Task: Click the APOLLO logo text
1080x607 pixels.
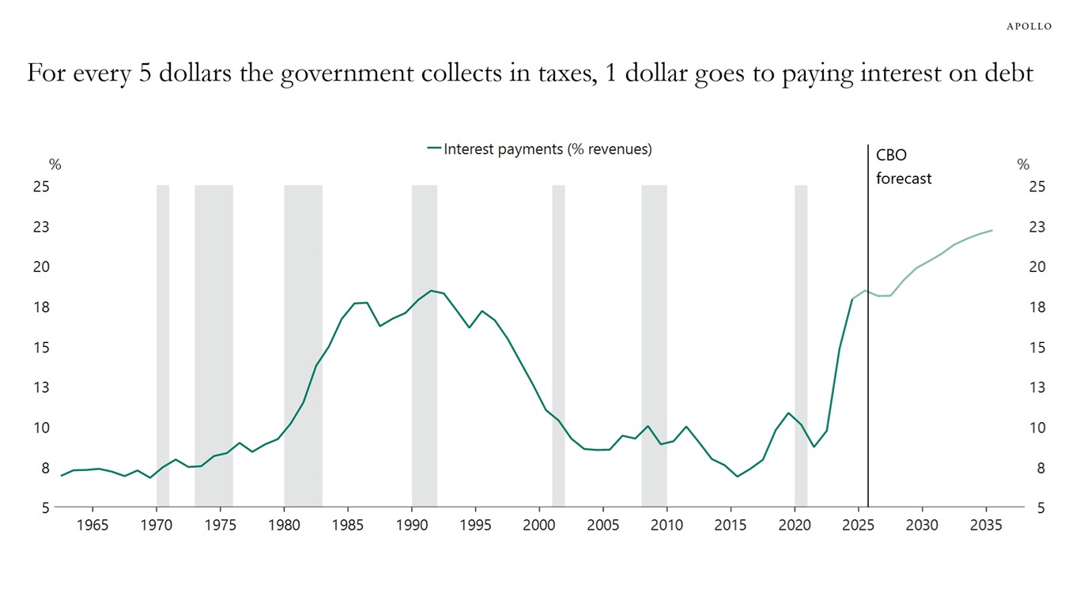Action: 1029,26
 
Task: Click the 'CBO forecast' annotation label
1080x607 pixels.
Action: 903,167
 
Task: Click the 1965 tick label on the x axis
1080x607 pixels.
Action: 93,526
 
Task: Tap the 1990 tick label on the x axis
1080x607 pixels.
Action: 412,526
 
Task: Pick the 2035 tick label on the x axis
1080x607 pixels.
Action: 986,526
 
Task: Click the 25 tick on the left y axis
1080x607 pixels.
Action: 40,187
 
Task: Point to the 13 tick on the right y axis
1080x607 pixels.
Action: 1037,387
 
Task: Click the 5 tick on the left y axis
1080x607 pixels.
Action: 44,507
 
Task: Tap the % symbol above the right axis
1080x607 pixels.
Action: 1023,165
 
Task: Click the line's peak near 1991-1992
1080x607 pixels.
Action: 432,290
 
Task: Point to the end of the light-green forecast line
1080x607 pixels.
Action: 992,230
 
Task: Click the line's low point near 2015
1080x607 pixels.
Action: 737,477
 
